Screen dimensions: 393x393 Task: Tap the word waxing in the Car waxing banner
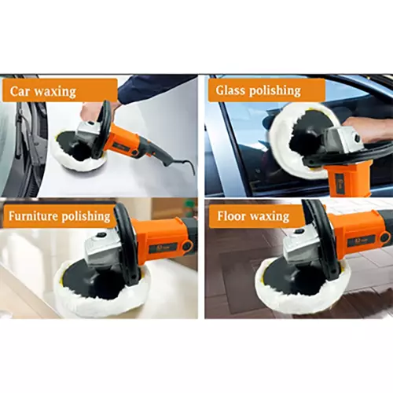[x=58, y=90]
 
